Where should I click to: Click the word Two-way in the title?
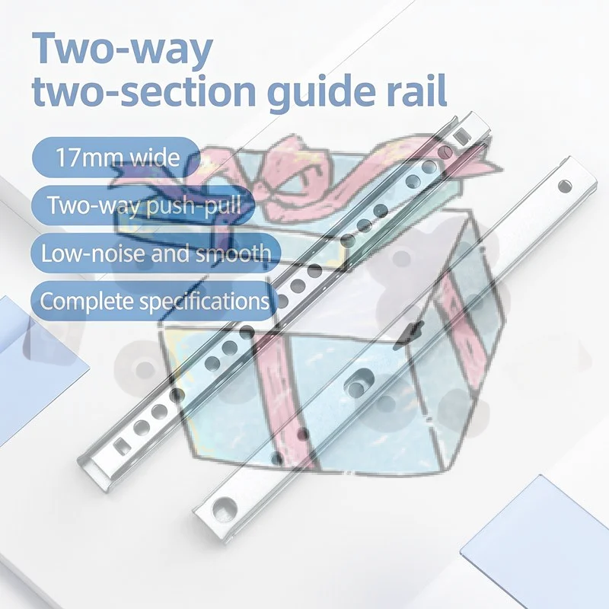tap(123, 49)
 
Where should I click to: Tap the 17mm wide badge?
tap(116, 158)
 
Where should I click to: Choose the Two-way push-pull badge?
tap(143, 205)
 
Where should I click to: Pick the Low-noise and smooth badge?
tap(156, 253)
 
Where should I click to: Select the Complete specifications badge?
tap(155, 301)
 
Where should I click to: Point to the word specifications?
tap(205, 301)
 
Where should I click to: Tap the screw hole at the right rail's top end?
tap(565, 186)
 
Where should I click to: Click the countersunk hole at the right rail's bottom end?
tap(224, 506)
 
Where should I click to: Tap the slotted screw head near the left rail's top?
tap(447, 152)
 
